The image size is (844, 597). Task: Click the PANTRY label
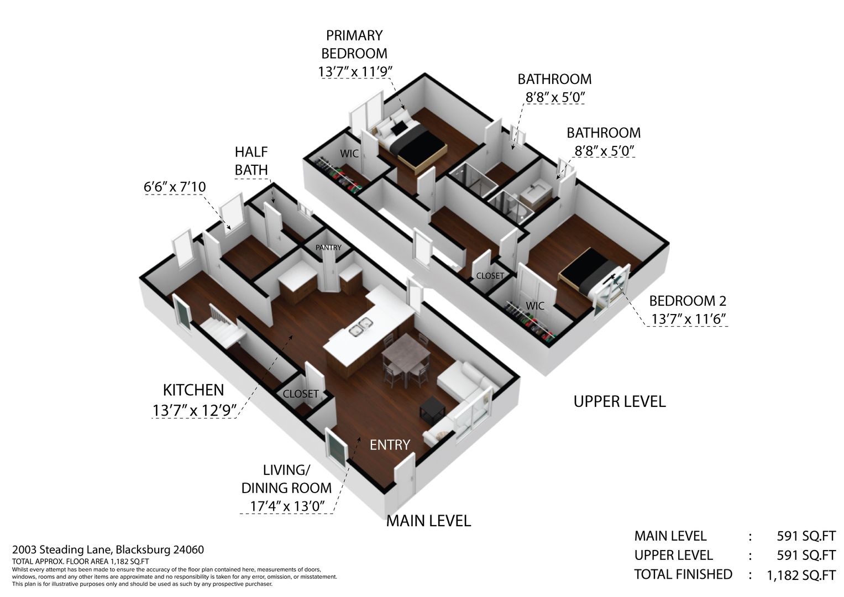[x=328, y=248]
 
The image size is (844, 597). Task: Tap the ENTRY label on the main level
[x=390, y=445]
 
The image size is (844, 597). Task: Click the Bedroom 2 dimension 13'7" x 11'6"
[x=688, y=320]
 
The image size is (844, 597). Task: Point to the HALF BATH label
[x=251, y=161]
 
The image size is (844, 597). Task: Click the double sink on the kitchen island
[x=359, y=327]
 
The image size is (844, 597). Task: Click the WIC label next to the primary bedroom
[x=349, y=154]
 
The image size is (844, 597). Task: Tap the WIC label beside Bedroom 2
[x=535, y=306]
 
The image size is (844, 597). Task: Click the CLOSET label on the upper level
[x=490, y=276]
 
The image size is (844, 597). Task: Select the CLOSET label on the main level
[x=301, y=394]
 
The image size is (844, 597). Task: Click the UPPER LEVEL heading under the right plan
[x=620, y=402]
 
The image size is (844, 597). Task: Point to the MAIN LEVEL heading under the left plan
[x=429, y=521]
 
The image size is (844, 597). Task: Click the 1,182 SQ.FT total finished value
[x=801, y=575]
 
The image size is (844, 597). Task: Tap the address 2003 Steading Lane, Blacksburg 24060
[x=108, y=550]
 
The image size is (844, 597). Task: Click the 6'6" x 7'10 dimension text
[x=175, y=187]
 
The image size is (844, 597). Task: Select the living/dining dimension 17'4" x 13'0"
[x=287, y=506]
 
